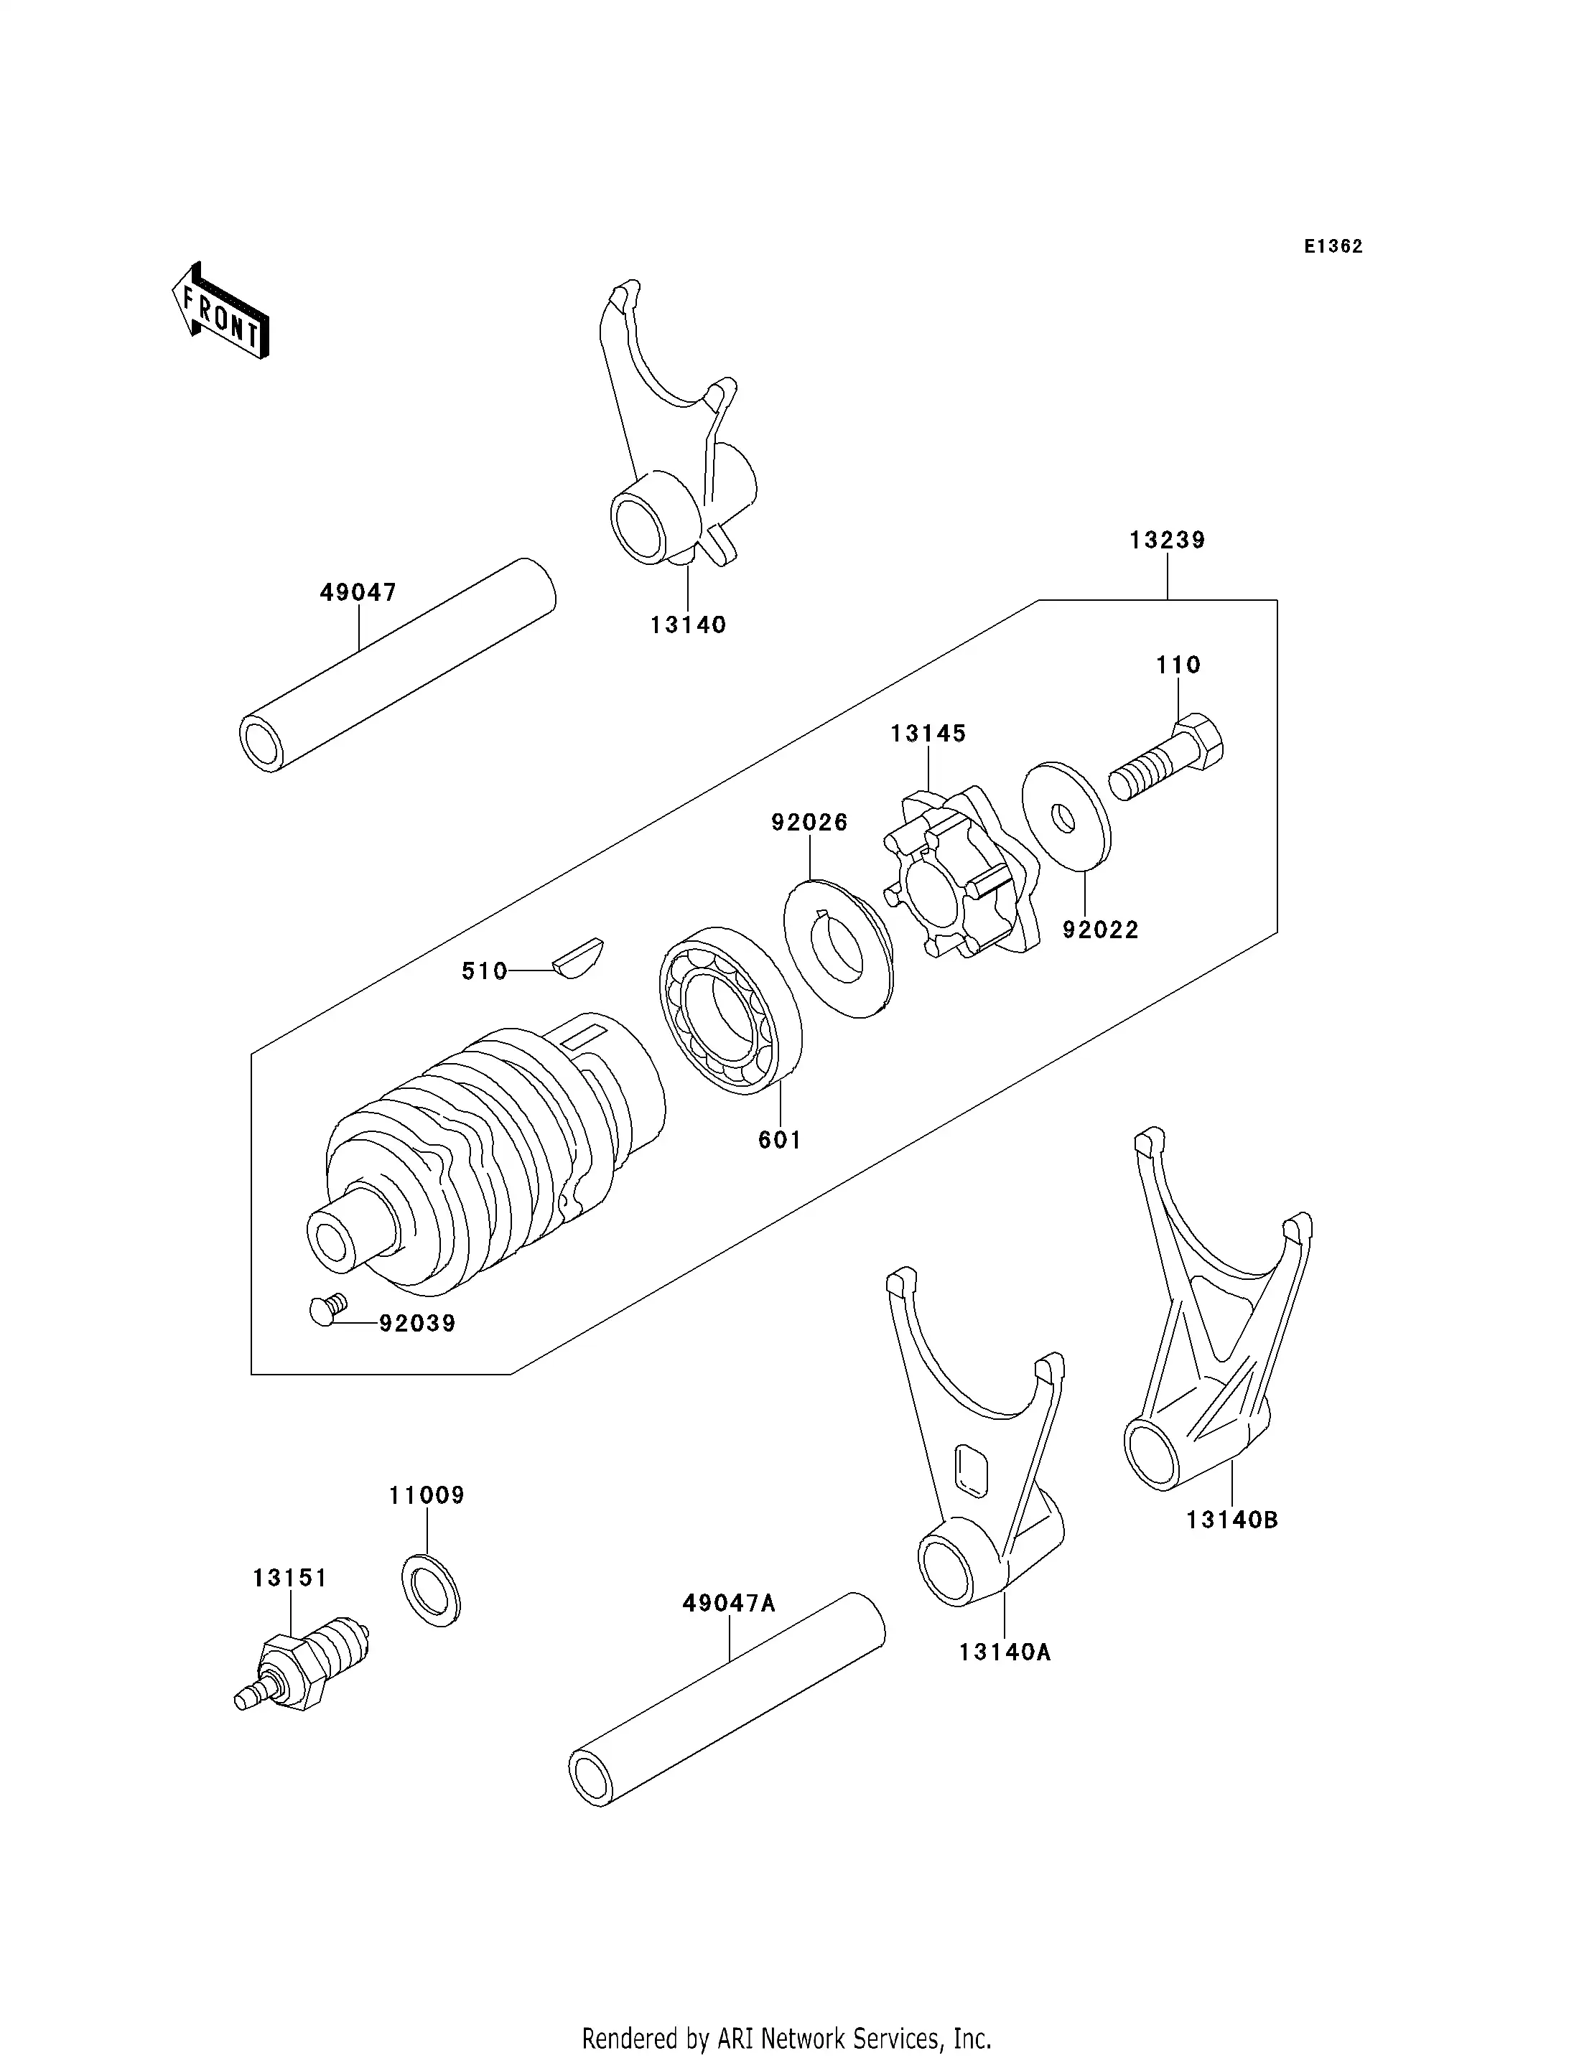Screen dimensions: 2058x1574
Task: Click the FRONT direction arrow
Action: click(x=221, y=312)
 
